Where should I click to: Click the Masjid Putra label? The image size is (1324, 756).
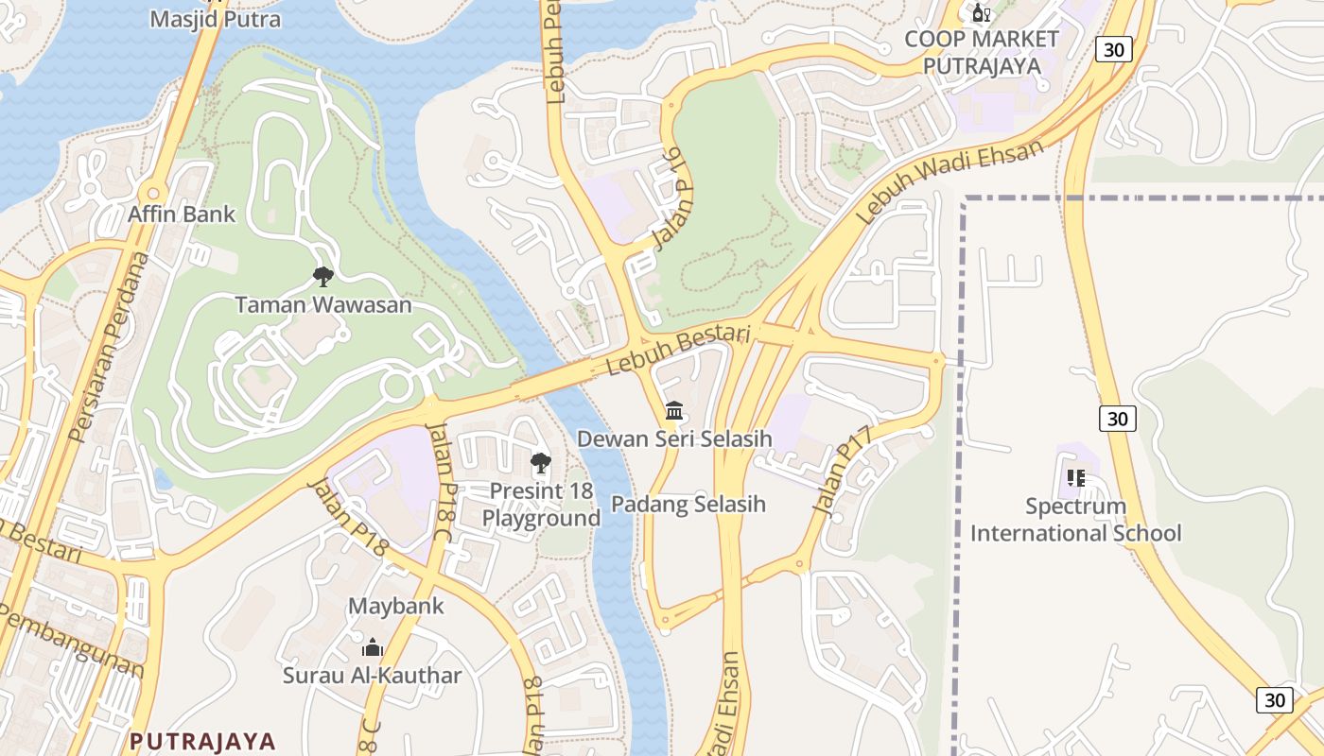[x=216, y=19]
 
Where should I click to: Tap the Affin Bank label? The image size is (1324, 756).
[x=182, y=215]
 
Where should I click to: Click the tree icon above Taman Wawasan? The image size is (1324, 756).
[x=323, y=277]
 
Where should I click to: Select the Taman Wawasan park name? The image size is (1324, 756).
[x=323, y=304]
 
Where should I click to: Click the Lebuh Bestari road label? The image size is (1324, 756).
[x=678, y=350]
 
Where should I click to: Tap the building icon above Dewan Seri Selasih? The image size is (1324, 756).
[x=675, y=411]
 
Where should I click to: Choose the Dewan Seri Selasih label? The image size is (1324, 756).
[x=675, y=438]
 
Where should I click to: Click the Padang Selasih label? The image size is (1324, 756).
[x=688, y=504]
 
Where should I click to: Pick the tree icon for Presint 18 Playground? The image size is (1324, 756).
[x=541, y=463]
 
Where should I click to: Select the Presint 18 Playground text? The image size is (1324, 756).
[x=541, y=505]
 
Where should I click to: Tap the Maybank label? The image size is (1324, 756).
[x=396, y=606]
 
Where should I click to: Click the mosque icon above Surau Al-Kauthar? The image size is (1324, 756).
[x=373, y=648]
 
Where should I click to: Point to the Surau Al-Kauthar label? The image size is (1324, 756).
[x=373, y=675]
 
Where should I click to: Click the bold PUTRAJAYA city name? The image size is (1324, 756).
[x=202, y=741]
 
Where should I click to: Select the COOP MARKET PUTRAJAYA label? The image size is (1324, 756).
[x=982, y=52]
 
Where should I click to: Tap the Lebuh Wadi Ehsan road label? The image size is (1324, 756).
[x=949, y=181]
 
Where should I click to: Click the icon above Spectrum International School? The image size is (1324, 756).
[x=1075, y=478]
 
